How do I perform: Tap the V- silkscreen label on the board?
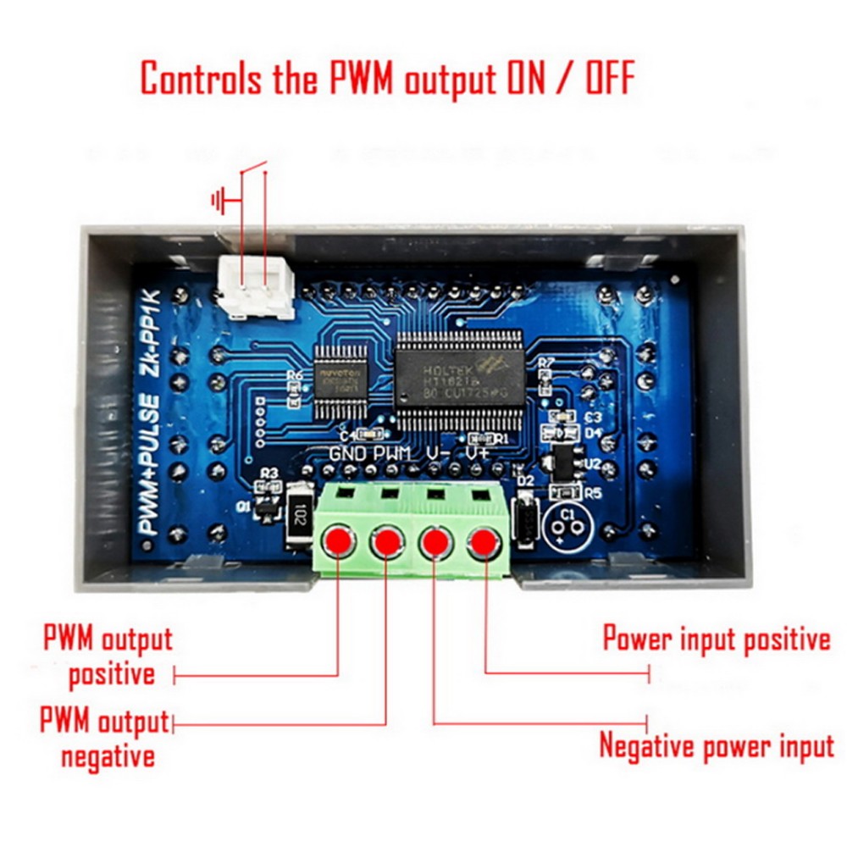coord(437,454)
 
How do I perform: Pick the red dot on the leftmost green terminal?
coord(338,540)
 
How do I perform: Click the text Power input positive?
coord(717,639)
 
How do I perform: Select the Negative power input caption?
coord(717,746)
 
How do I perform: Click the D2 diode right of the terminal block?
coord(525,513)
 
